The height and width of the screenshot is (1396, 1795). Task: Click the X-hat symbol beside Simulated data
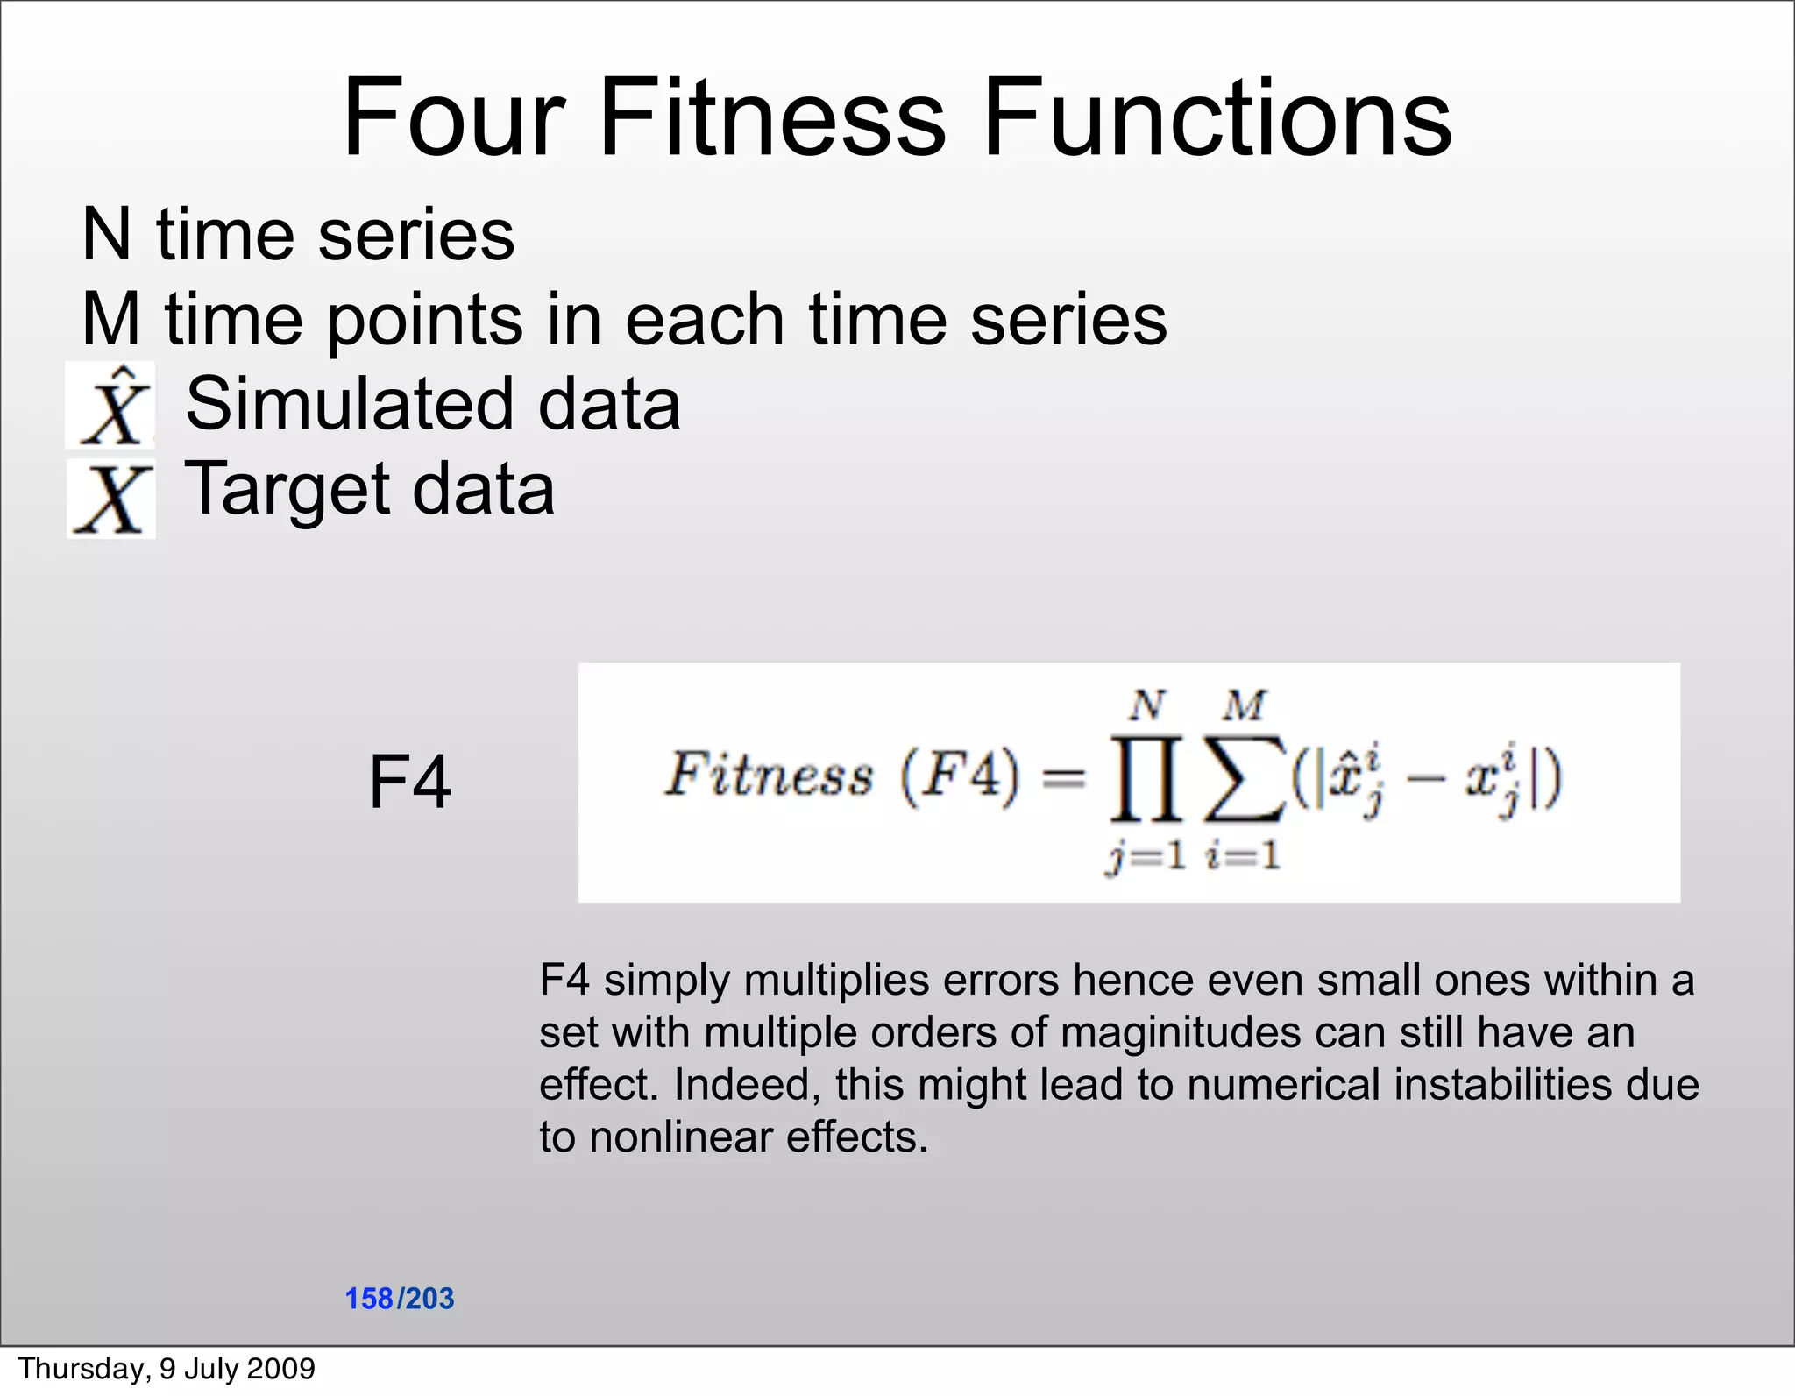pyautogui.click(x=111, y=406)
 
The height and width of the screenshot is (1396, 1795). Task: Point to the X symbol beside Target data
pyautogui.click(x=111, y=499)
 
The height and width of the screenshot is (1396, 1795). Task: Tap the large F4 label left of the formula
pyautogui.click(x=409, y=782)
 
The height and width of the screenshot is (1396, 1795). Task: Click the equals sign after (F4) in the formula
pyautogui.click(x=1064, y=776)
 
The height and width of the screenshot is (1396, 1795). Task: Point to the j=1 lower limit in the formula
pyautogui.click(x=1146, y=855)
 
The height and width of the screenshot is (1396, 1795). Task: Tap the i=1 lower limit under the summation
pyautogui.click(x=1243, y=855)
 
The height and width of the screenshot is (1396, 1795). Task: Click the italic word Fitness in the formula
pyautogui.click(x=770, y=775)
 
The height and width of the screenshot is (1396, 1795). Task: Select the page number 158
pyautogui.click(x=369, y=1298)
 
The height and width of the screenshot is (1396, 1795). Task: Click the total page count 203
pyautogui.click(x=429, y=1298)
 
